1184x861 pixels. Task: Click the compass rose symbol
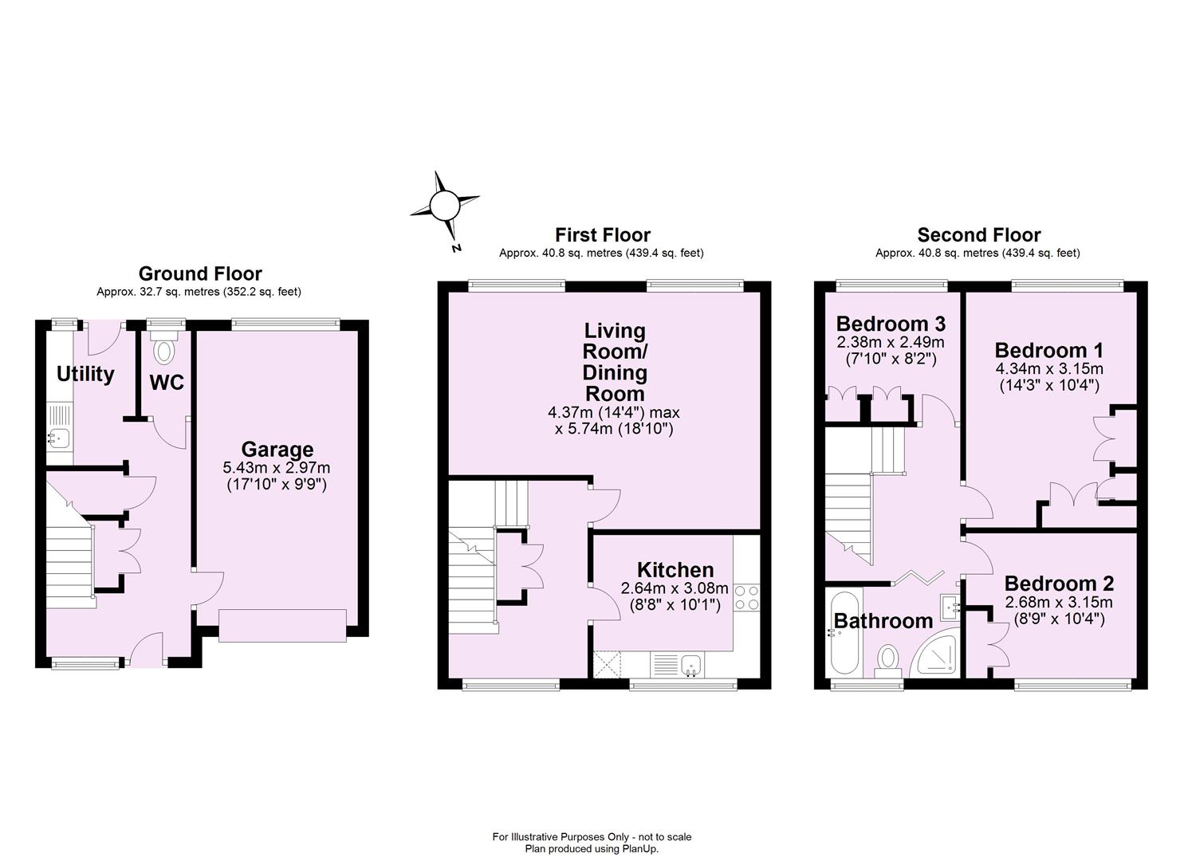click(443, 206)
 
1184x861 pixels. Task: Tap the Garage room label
click(277, 450)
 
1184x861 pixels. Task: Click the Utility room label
click(85, 374)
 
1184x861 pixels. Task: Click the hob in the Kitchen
click(746, 598)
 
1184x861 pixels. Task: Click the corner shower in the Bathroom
click(937, 656)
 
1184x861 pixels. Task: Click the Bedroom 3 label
click(891, 324)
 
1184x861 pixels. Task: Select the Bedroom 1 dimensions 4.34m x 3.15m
click(1048, 369)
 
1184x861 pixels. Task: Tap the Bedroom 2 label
click(1059, 584)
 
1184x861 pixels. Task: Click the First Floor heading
click(602, 234)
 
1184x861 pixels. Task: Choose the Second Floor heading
click(978, 234)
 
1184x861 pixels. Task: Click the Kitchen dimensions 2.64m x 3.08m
click(675, 588)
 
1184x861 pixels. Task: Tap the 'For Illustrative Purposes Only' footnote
click(592, 836)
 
